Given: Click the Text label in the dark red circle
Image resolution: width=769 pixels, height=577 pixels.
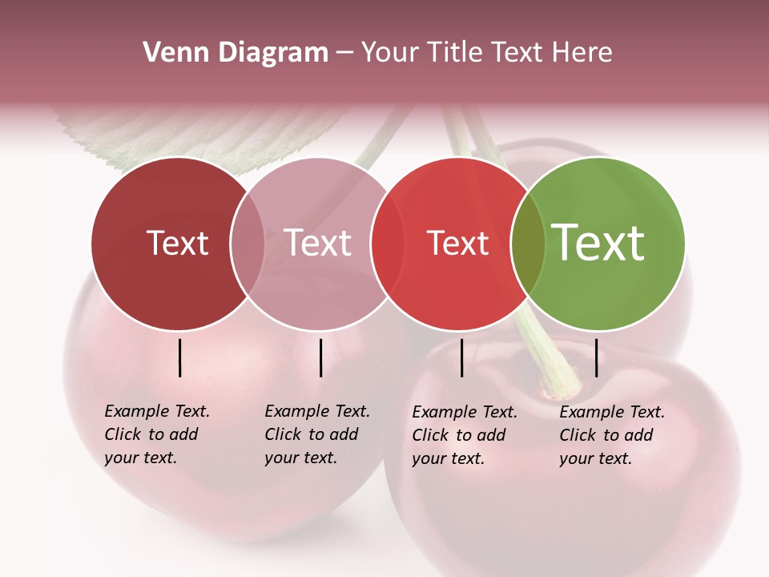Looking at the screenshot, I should coord(177,243).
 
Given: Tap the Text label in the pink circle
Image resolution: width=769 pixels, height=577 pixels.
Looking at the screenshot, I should coord(317,243).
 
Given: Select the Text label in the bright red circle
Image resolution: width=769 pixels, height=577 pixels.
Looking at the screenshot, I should coord(457,243).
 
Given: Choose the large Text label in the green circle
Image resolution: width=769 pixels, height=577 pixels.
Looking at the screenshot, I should coord(598,242).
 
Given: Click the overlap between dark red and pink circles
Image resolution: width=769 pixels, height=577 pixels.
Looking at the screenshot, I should coord(248,244).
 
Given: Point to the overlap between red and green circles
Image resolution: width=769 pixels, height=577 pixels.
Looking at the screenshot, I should coord(528,244).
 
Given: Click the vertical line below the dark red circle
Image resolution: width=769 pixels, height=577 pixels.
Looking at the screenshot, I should coord(179,357).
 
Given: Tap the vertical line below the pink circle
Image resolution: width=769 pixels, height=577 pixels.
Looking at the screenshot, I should coord(320,357).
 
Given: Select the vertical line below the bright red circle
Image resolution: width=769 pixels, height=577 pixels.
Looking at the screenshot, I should coord(461,357).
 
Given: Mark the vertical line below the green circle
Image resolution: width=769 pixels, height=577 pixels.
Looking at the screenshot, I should coord(596,357).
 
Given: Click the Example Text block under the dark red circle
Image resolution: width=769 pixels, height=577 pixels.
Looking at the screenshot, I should coord(157,434).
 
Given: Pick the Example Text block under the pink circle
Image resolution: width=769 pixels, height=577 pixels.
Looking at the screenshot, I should coord(317,434).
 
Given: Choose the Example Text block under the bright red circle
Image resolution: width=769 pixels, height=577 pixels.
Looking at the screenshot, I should coord(465,435).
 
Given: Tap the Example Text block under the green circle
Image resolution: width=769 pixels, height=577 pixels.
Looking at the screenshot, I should coord(612,435).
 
